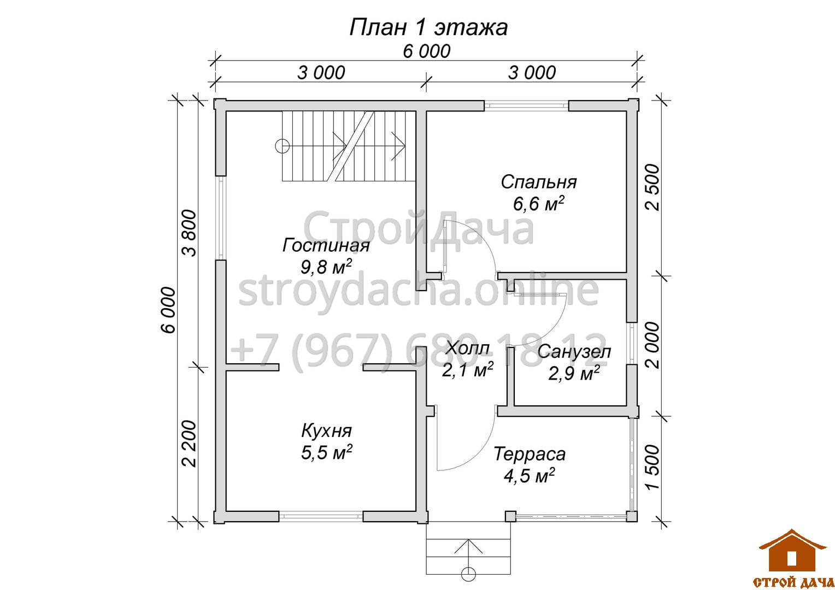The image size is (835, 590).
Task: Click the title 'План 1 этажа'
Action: [x=428, y=27]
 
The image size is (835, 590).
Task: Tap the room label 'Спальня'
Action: [x=539, y=182]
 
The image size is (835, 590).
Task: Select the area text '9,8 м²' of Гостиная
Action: [x=326, y=267]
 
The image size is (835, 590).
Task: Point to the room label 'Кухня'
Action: [x=326, y=431]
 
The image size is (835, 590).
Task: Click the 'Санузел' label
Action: [x=574, y=352]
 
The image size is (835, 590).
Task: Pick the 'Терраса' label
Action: [x=530, y=454]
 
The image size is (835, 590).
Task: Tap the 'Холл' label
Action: [x=468, y=348]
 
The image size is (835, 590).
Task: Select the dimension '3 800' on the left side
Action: [x=190, y=233]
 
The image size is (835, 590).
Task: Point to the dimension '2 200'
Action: [x=190, y=444]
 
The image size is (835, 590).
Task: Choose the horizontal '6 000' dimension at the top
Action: [x=426, y=51]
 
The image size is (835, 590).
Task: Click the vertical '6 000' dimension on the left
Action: [x=168, y=310]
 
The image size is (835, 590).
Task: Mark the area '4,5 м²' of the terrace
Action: [x=530, y=475]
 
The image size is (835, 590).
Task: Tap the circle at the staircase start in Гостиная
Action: [x=282, y=146]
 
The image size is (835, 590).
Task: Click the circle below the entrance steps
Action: [x=468, y=574]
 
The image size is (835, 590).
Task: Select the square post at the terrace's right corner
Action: [x=632, y=516]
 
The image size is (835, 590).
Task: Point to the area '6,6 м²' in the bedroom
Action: [x=539, y=204]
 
